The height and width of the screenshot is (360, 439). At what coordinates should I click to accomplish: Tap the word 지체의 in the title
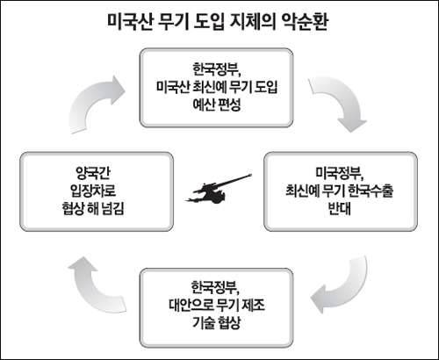point(253,22)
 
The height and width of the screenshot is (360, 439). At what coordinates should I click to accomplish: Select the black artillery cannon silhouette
point(219,190)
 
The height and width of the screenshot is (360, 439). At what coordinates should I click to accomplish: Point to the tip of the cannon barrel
point(252,175)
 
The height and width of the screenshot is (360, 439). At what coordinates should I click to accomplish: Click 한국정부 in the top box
point(216,70)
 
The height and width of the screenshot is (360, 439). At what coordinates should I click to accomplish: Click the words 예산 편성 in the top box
point(217,104)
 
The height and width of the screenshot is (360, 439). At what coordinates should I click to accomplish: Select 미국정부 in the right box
point(339,174)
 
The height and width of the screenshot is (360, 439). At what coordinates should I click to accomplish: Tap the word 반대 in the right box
point(340,208)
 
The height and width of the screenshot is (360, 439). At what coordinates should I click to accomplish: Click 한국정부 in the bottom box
point(215,288)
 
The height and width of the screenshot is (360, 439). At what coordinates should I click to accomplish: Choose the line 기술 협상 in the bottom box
point(217,322)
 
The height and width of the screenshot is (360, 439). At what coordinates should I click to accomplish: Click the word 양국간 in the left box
point(93,174)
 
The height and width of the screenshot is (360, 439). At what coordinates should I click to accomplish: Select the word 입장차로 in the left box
point(93,191)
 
